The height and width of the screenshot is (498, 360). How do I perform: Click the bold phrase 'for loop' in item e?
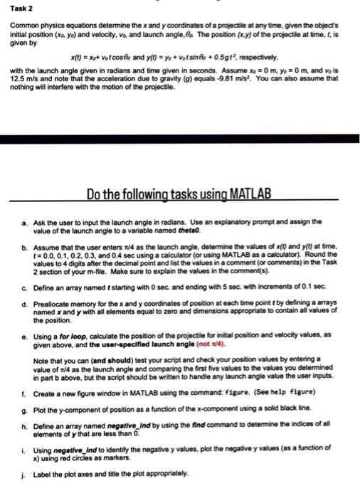point(75,336)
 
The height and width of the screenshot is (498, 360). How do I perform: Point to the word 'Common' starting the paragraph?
point(23,25)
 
